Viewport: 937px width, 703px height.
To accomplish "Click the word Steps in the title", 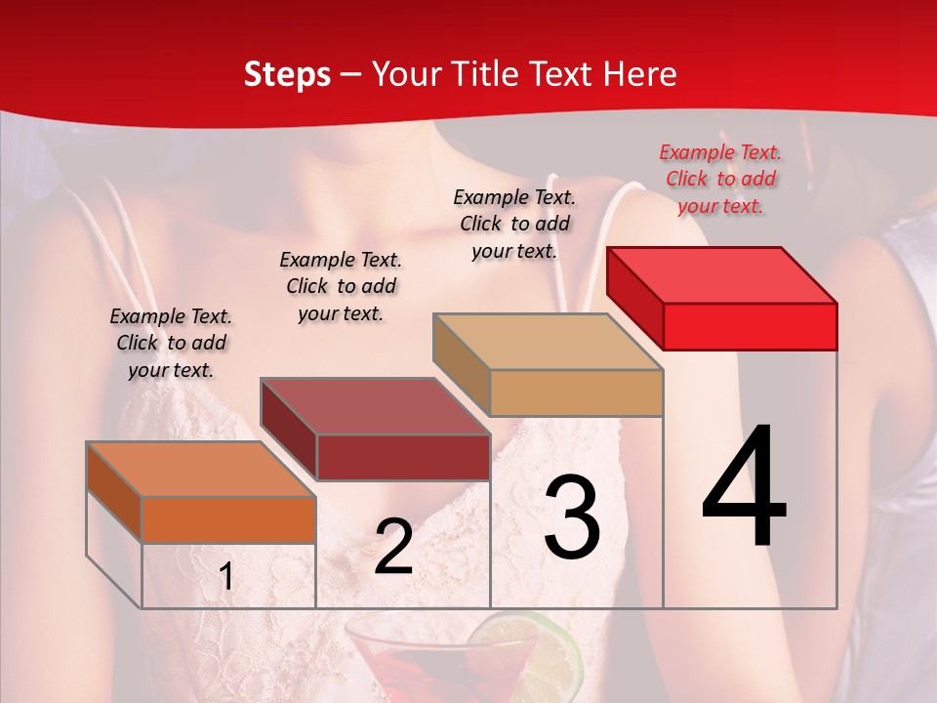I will point(287,75).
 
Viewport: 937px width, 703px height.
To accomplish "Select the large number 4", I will point(744,488).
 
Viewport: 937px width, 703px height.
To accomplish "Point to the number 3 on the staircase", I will point(572,517).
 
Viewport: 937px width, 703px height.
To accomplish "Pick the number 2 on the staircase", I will point(393,547).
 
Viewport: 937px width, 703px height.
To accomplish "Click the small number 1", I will point(226,577).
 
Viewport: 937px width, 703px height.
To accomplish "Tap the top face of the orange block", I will point(201,470).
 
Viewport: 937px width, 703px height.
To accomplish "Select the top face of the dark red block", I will point(375,406).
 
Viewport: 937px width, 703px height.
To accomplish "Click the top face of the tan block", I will point(548,342).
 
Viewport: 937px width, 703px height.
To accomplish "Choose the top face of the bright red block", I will point(721,275).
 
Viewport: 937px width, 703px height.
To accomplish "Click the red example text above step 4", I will point(720,179).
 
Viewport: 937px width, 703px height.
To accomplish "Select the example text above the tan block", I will point(514,224).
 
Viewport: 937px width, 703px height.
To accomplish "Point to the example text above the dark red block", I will point(341,286).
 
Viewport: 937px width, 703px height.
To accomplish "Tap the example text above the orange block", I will point(171,343).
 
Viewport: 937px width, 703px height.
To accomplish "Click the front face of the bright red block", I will point(750,326).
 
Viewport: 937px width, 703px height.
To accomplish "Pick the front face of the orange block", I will point(228,519).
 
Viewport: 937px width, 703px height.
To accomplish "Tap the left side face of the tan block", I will point(461,362).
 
